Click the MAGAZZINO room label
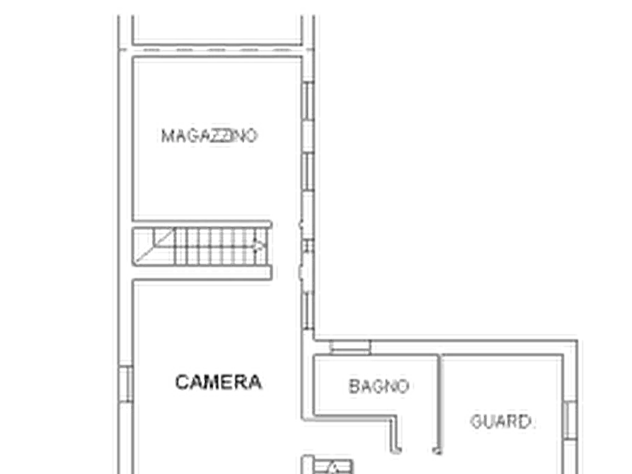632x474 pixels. (x=209, y=136)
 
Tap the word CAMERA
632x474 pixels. (x=219, y=382)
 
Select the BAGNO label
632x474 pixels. (x=379, y=386)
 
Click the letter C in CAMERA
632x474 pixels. (x=182, y=382)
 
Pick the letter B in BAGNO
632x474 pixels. (x=354, y=386)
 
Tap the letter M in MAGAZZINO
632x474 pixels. (x=167, y=136)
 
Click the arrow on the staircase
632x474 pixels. (x=258, y=245)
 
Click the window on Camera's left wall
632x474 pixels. (x=126, y=384)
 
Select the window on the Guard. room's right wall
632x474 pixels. (x=570, y=420)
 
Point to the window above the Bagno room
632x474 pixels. (x=350, y=347)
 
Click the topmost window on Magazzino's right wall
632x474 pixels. (x=308, y=100)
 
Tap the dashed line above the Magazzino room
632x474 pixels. (x=217, y=50)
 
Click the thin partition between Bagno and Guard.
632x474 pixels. (x=439, y=404)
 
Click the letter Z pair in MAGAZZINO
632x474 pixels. (x=219, y=136)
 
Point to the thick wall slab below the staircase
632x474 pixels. (x=202, y=273)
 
